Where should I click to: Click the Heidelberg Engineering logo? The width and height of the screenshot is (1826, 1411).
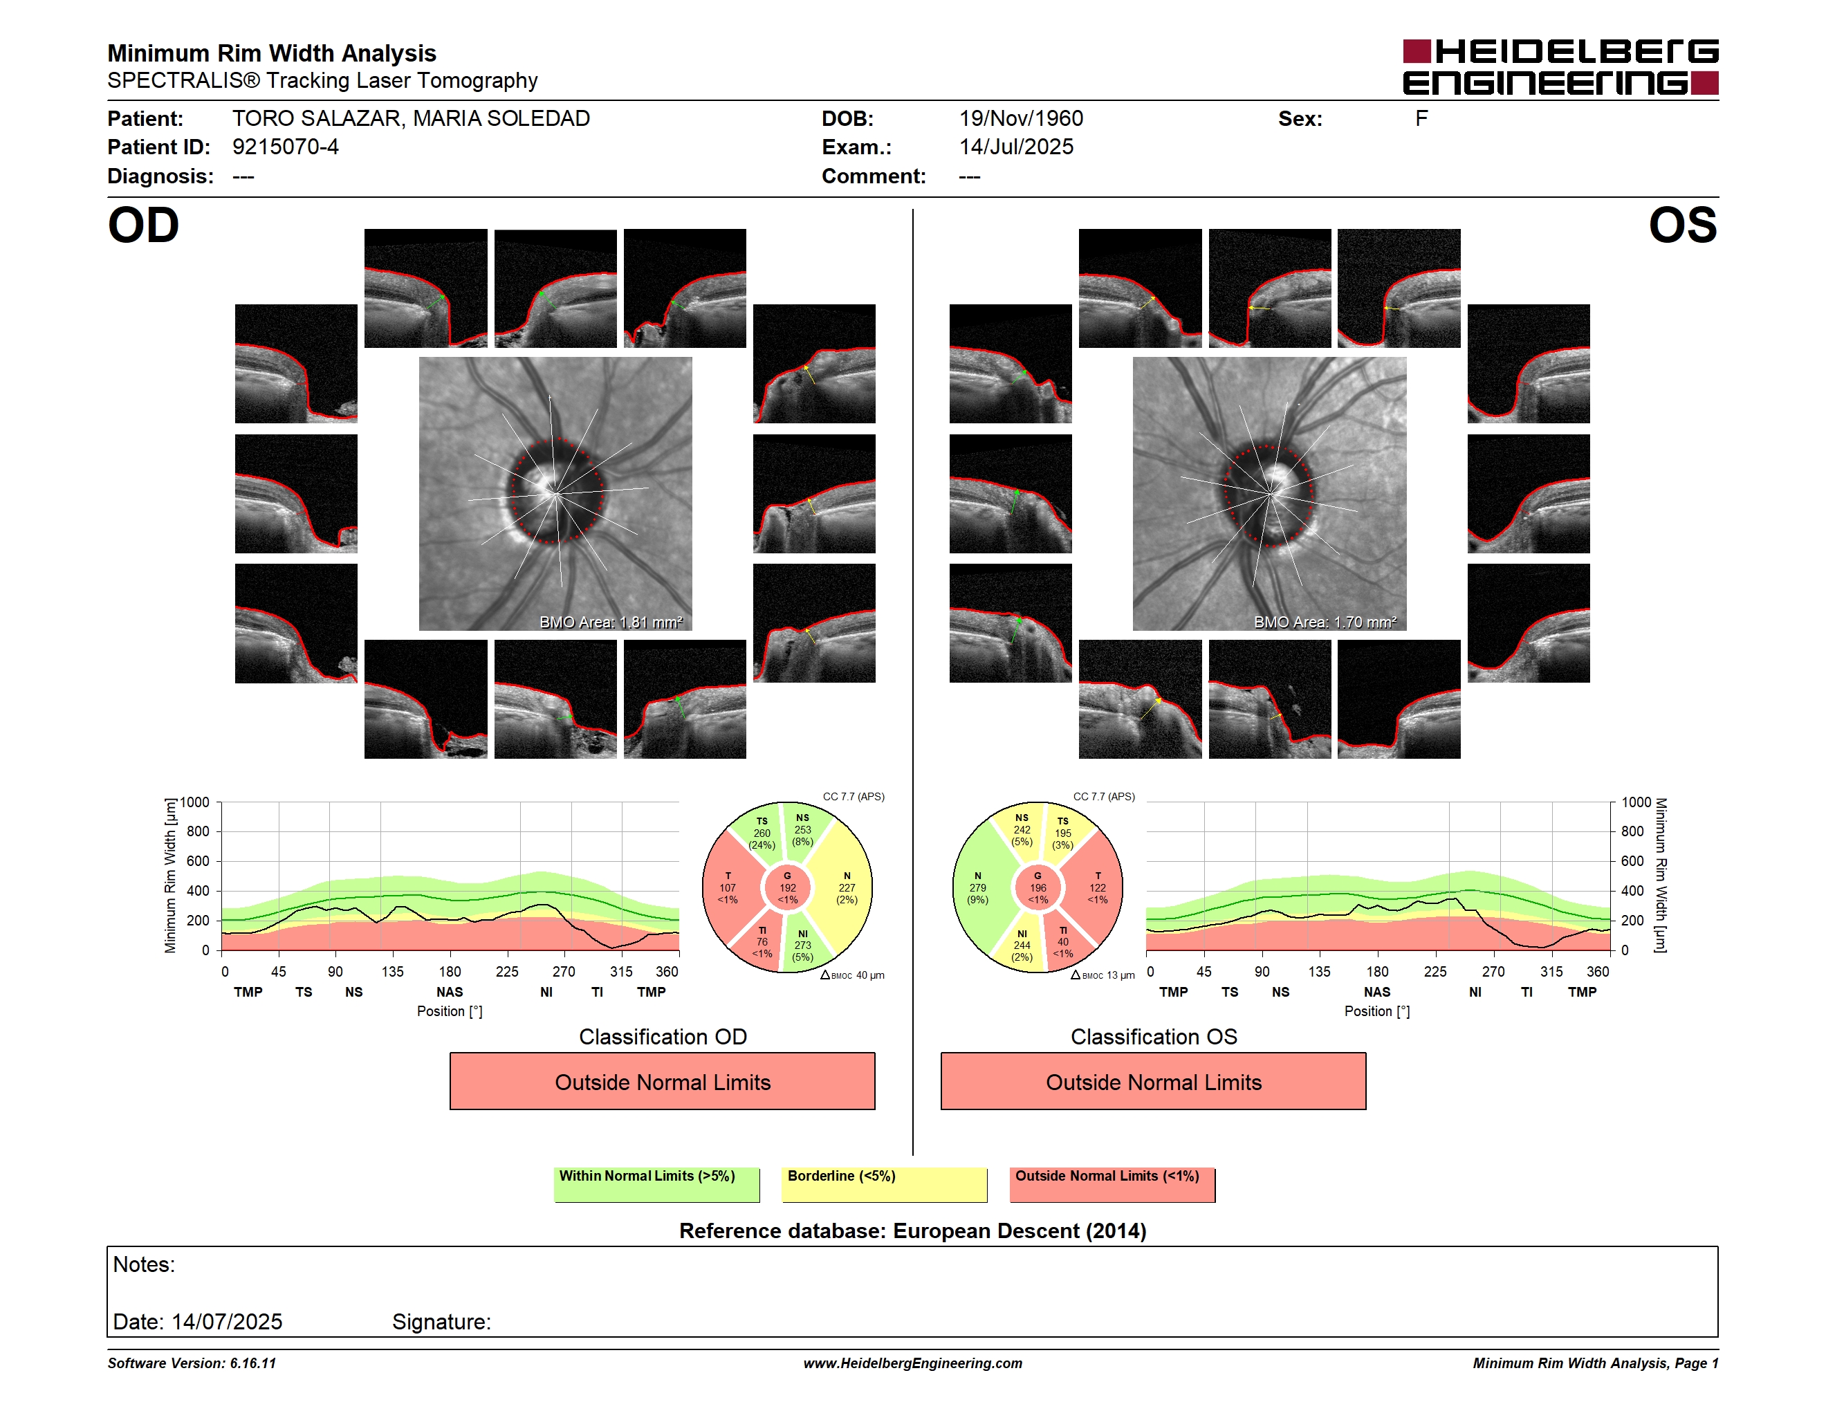[x=1560, y=67]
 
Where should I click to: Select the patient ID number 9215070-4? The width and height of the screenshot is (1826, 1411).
[x=285, y=147]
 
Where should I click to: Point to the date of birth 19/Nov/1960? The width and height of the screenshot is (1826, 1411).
[x=1021, y=119]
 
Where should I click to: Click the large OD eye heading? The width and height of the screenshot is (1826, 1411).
[x=143, y=225]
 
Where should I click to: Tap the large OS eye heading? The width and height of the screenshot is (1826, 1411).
[x=1682, y=225]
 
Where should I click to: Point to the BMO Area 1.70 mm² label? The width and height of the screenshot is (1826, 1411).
[x=1325, y=622]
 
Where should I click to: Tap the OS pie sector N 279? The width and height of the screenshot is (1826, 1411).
[x=977, y=887]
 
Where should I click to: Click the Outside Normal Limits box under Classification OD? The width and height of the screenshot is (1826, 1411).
[x=662, y=1081]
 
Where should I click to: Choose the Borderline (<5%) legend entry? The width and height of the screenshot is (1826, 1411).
[x=884, y=1183]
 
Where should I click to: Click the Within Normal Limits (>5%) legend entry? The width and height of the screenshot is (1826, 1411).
[x=656, y=1183]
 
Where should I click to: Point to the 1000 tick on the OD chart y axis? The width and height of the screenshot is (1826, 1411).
[x=195, y=802]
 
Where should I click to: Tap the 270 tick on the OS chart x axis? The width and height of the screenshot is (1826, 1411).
[x=1493, y=971]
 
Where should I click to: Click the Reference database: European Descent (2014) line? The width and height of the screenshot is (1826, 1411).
[x=912, y=1230]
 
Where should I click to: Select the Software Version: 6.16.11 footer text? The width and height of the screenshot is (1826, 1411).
[x=192, y=1363]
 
